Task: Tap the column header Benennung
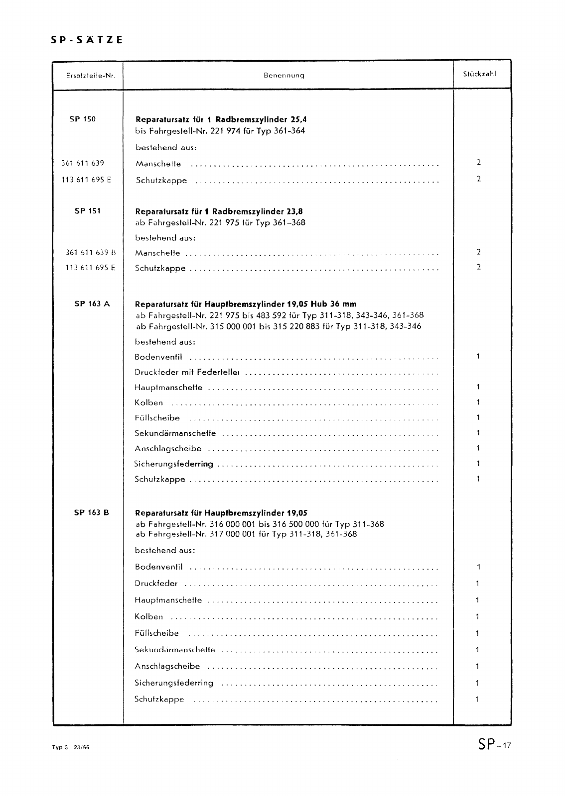click(283, 76)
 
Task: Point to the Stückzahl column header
click(479, 74)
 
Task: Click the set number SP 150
click(83, 119)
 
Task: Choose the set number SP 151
click(87, 210)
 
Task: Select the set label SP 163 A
click(92, 303)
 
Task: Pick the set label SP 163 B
click(91, 513)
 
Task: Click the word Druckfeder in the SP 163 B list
click(156, 584)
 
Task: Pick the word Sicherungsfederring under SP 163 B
click(174, 683)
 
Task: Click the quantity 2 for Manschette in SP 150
click(478, 162)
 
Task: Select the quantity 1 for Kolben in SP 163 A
click(478, 402)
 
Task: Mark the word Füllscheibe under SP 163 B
click(156, 633)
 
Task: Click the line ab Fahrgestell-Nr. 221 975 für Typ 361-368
click(220, 222)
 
